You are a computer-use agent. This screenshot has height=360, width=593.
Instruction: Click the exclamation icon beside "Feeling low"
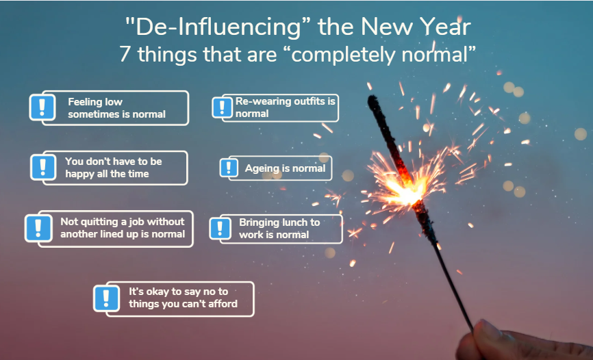42,107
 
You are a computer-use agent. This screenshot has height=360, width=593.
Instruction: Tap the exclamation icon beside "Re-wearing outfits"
222,107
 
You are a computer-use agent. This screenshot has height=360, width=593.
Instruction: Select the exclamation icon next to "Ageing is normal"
229,168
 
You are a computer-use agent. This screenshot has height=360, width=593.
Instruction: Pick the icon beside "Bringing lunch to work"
220,229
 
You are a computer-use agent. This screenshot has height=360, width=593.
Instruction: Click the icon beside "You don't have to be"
43,167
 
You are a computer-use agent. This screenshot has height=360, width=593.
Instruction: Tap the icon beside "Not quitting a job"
38,228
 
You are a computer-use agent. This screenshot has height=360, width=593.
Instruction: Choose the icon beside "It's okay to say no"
106,298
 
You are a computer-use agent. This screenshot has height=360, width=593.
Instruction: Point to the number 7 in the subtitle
125,54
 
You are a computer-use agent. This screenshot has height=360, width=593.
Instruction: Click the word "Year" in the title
446,27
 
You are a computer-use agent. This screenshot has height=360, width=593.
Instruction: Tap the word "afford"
223,304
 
